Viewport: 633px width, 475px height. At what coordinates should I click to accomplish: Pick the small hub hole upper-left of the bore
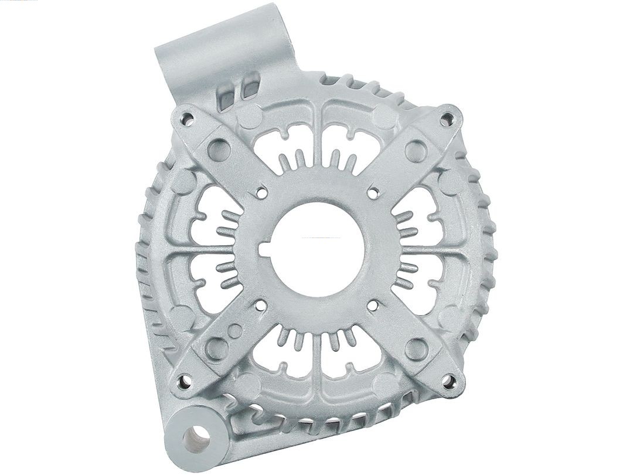(262, 190)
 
